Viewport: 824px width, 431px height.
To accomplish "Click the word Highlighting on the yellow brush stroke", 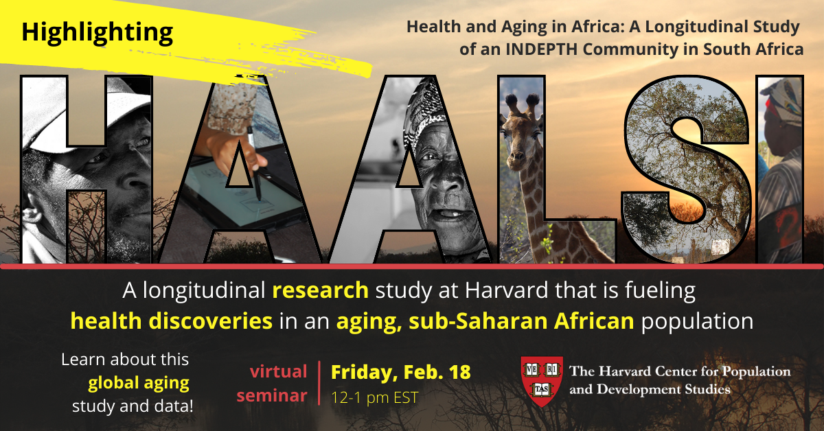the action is (98, 33).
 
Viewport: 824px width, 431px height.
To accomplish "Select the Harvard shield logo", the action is (542, 382).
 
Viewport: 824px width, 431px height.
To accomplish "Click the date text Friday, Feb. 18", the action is (400, 373).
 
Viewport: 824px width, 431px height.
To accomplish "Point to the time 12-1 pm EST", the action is (374, 397).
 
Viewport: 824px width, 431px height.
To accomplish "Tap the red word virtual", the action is (279, 371).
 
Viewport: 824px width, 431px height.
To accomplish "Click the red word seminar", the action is (272, 396).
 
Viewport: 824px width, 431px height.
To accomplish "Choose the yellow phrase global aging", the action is (139, 384).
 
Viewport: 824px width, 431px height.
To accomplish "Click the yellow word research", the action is (321, 290).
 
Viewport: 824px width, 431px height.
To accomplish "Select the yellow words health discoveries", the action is (172, 321).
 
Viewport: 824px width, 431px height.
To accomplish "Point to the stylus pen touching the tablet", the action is (255, 163).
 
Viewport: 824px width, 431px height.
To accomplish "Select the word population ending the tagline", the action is (698, 322).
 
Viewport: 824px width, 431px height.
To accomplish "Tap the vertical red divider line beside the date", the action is (319, 383).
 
